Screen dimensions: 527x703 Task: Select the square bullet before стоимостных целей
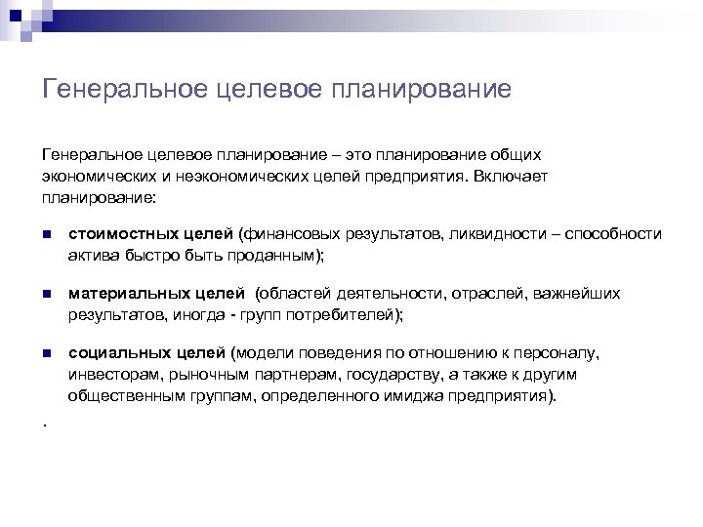[x=46, y=235]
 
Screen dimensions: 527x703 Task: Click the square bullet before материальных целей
[x=46, y=294]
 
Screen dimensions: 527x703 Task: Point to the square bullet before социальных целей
[x=46, y=353]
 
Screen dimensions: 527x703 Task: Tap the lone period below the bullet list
[x=45, y=423]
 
